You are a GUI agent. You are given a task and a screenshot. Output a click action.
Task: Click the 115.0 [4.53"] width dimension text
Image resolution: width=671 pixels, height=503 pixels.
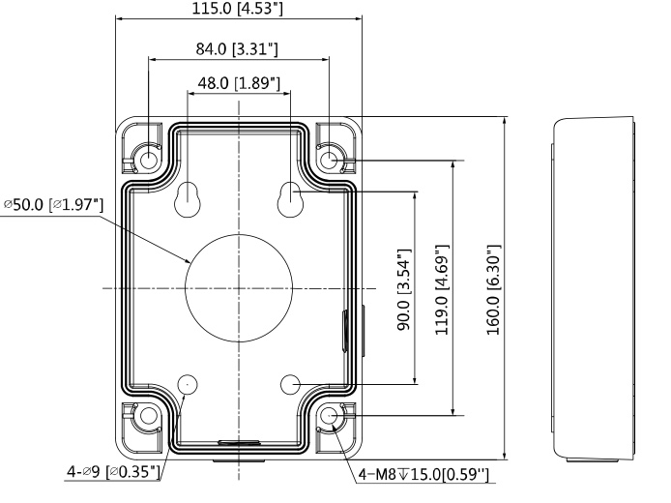(x=237, y=8)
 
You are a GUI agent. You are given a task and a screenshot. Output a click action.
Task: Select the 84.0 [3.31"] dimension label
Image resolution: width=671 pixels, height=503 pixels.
(x=237, y=48)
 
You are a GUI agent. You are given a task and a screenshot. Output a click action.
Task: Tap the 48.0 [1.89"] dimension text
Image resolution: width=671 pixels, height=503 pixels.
(x=239, y=82)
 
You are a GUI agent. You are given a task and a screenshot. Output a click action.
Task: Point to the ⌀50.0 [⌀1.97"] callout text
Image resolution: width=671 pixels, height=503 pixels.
(x=54, y=205)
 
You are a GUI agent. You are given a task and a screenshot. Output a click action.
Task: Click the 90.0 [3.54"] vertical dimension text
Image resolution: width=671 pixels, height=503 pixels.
(x=404, y=289)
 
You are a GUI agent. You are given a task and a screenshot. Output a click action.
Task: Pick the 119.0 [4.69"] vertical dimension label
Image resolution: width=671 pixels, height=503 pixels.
(x=442, y=290)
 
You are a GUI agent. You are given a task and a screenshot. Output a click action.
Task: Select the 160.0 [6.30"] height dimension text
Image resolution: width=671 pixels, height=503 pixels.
(x=493, y=290)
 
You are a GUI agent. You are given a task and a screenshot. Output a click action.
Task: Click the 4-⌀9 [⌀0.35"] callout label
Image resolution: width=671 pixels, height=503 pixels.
(x=114, y=472)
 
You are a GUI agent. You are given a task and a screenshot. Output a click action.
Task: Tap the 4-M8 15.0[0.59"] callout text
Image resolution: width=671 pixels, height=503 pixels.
(x=423, y=474)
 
